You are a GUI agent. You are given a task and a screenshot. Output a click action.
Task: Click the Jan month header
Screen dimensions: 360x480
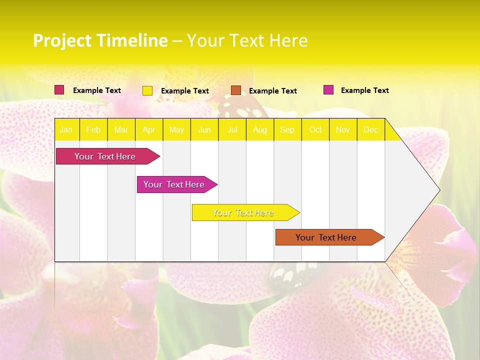point(66,129)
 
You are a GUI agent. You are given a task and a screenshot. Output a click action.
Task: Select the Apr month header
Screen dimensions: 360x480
point(148,129)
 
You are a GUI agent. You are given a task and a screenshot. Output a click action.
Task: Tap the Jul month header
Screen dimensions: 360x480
point(232,129)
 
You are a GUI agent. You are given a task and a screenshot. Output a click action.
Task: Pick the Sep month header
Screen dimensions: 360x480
point(287,129)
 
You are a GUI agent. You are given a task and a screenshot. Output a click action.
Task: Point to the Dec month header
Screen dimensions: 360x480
point(370,129)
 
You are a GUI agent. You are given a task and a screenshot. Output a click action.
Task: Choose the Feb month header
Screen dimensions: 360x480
point(93,129)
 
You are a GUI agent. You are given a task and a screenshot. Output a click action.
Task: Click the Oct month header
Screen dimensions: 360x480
point(315,129)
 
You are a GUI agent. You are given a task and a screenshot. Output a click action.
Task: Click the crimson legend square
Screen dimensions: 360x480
point(59,90)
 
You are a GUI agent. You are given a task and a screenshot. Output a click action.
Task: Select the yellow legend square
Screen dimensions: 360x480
point(147,90)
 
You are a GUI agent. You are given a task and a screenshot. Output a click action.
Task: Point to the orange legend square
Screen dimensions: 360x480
point(236,90)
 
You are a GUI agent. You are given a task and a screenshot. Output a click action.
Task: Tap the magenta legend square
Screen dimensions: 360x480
point(328,90)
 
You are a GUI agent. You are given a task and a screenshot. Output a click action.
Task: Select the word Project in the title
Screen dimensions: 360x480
point(62,40)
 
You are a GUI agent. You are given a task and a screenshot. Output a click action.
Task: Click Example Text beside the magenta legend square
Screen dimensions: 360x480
point(364,90)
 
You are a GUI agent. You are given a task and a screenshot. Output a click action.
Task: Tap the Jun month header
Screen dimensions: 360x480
point(204,129)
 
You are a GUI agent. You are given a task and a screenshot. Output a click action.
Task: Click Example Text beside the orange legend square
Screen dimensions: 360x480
point(272,91)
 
